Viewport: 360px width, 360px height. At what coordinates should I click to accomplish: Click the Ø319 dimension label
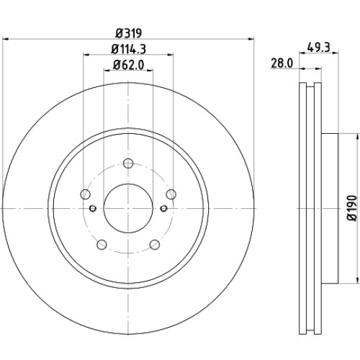pos(129,33)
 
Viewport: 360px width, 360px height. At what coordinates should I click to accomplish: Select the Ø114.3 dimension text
pos(129,50)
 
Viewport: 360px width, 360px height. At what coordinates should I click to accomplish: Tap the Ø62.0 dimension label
pos(129,65)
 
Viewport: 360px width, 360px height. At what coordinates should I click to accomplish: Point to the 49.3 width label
pos(319,48)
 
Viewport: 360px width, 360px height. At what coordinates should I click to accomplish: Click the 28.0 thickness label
pos(282,63)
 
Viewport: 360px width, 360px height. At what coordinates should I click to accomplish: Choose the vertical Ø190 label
pos(352,208)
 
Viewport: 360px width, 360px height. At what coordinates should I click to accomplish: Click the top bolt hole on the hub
pos(128,163)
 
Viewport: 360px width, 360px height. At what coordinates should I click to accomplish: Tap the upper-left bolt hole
pos(85,194)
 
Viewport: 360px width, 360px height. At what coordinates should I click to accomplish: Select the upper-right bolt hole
pos(171,194)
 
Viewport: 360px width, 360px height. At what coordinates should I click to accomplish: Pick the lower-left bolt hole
pos(102,245)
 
